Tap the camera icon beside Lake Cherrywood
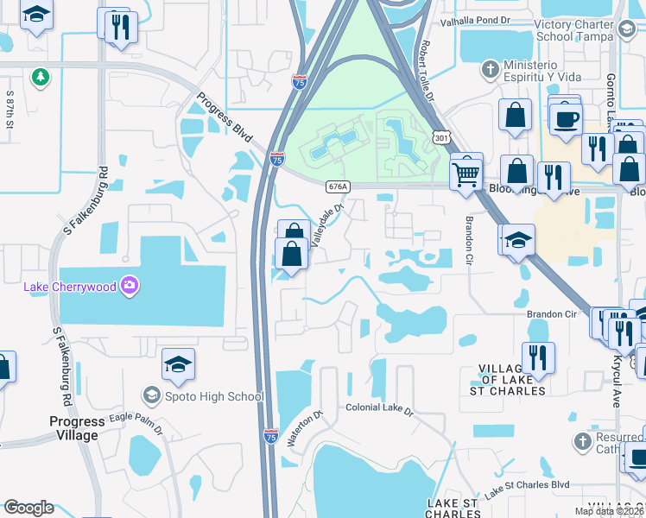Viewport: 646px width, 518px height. pos(130,286)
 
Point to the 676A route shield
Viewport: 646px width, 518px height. pos(339,186)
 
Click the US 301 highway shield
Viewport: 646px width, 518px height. pos(441,137)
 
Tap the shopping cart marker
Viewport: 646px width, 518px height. pos(465,174)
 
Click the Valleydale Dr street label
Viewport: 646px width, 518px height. pos(327,224)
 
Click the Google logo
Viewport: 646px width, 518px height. pos(28,508)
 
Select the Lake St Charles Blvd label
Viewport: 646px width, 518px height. pos(528,490)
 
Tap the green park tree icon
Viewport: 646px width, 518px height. pos(40,78)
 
